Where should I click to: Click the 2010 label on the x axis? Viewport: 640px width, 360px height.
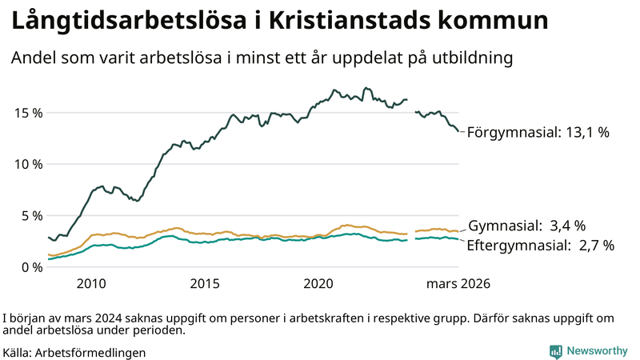[91, 284]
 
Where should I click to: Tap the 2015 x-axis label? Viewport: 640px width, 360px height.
[205, 284]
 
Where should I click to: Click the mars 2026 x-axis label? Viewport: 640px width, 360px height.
[458, 284]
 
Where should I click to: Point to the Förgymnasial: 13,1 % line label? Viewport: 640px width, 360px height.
[538, 133]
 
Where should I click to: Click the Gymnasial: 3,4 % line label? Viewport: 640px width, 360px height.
[526, 226]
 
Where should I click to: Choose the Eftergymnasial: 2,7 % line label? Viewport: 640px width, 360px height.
[540, 246]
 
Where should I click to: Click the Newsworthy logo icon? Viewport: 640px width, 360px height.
[555, 351]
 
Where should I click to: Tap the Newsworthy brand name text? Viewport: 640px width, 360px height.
[597, 351]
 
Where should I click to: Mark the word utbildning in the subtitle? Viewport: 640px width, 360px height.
[473, 58]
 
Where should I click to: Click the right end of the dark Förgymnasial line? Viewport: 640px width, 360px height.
[458, 131]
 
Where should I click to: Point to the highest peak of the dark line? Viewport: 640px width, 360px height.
[366, 88]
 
